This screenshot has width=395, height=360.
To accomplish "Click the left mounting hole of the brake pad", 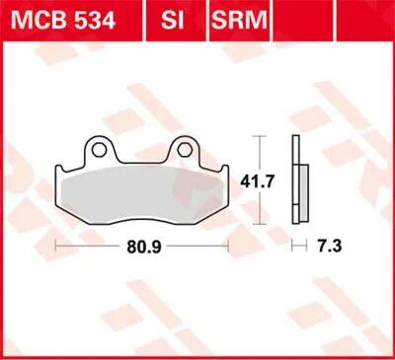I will (x=97, y=150).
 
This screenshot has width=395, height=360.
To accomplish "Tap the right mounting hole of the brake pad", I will (x=183, y=150).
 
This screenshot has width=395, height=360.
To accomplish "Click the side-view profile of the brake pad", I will (x=296, y=178).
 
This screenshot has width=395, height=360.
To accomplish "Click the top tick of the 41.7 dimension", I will (x=258, y=135).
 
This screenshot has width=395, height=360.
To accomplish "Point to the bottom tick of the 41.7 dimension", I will (x=258, y=226).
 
